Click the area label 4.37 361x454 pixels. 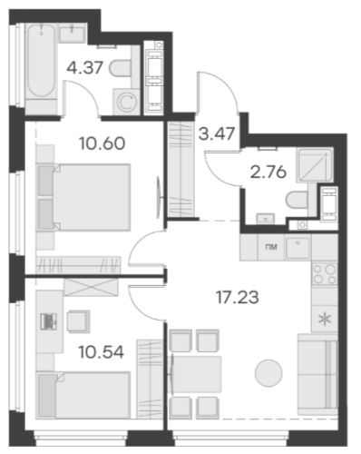pyautogui.click(x=85, y=67)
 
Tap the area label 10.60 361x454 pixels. pyautogui.click(x=102, y=143)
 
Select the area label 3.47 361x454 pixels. pyautogui.click(x=217, y=133)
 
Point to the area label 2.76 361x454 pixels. pyautogui.click(x=268, y=173)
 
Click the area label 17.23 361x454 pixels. pyautogui.click(x=238, y=297)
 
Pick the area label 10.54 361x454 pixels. pyautogui.click(x=102, y=352)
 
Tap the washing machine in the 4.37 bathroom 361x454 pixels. pyautogui.click(x=126, y=102)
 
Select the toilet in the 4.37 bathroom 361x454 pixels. pyautogui.click(x=121, y=69)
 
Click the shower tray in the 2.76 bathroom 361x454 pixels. pyautogui.click(x=315, y=165)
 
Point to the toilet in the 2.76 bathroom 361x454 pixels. pyautogui.click(x=298, y=200)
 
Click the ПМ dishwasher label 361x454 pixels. pyautogui.click(x=271, y=247)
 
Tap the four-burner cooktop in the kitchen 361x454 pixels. pyautogui.click(x=325, y=274)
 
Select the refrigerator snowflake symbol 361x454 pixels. pyautogui.click(x=325, y=320)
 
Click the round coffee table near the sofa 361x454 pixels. pyautogui.click(x=268, y=373)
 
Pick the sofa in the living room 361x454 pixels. pyautogui.click(x=317, y=374)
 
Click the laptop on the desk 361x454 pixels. pyautogui.click(x=48, y=321)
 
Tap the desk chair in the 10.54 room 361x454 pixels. pyautogui.click(x=78, y=321)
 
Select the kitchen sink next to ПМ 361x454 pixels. pyautogui.click(x=298, y=248)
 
